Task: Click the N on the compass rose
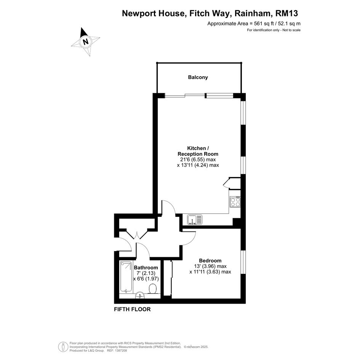(x=86, y=42)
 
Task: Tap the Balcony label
(x=198, y=77)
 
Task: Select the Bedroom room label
(x=210, y=261)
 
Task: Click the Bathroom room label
(x=146, y=268)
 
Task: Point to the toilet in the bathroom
(x=153, y=288)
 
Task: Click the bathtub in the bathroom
(x=126, y=277)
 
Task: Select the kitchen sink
(x=195, y=219)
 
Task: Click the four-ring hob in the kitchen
(x=235, y=202)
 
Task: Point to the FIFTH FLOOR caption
(x=132, y=309)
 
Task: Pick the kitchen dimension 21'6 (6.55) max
(x=197, y=160)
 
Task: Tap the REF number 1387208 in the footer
(x=122, y=350)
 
